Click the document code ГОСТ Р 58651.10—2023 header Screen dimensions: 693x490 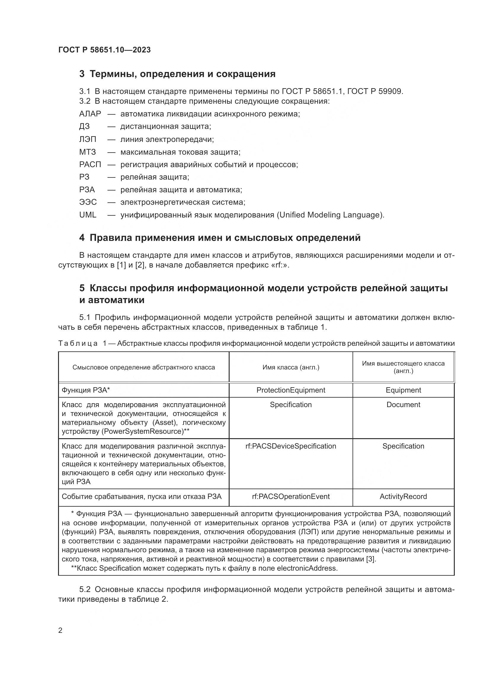(x=104, y=50)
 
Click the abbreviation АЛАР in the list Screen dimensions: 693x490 (x=90, y=114)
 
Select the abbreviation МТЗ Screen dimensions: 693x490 (x=87, y=152)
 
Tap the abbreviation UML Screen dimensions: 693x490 (x=88, y=215)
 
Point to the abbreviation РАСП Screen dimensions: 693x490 (x=90, y=164)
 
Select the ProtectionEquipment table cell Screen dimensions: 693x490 (x=291, y=390)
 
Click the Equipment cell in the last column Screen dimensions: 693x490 (x=403, y=390)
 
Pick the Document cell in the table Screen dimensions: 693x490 (x=403, y=404)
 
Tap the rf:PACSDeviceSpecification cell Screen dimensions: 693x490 (x=291, y=446)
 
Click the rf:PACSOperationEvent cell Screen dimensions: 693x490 (x=291, y=497)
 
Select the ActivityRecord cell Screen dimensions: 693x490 (x=403, y=497)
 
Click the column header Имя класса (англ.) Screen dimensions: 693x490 (x=291, y=367)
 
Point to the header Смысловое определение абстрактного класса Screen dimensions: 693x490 (x=144, y=367)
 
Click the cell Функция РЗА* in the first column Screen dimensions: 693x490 (x=86, y=390)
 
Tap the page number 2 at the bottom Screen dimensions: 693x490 (x=60, y=630)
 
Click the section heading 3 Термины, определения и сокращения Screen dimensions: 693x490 (x=177, y=74)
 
